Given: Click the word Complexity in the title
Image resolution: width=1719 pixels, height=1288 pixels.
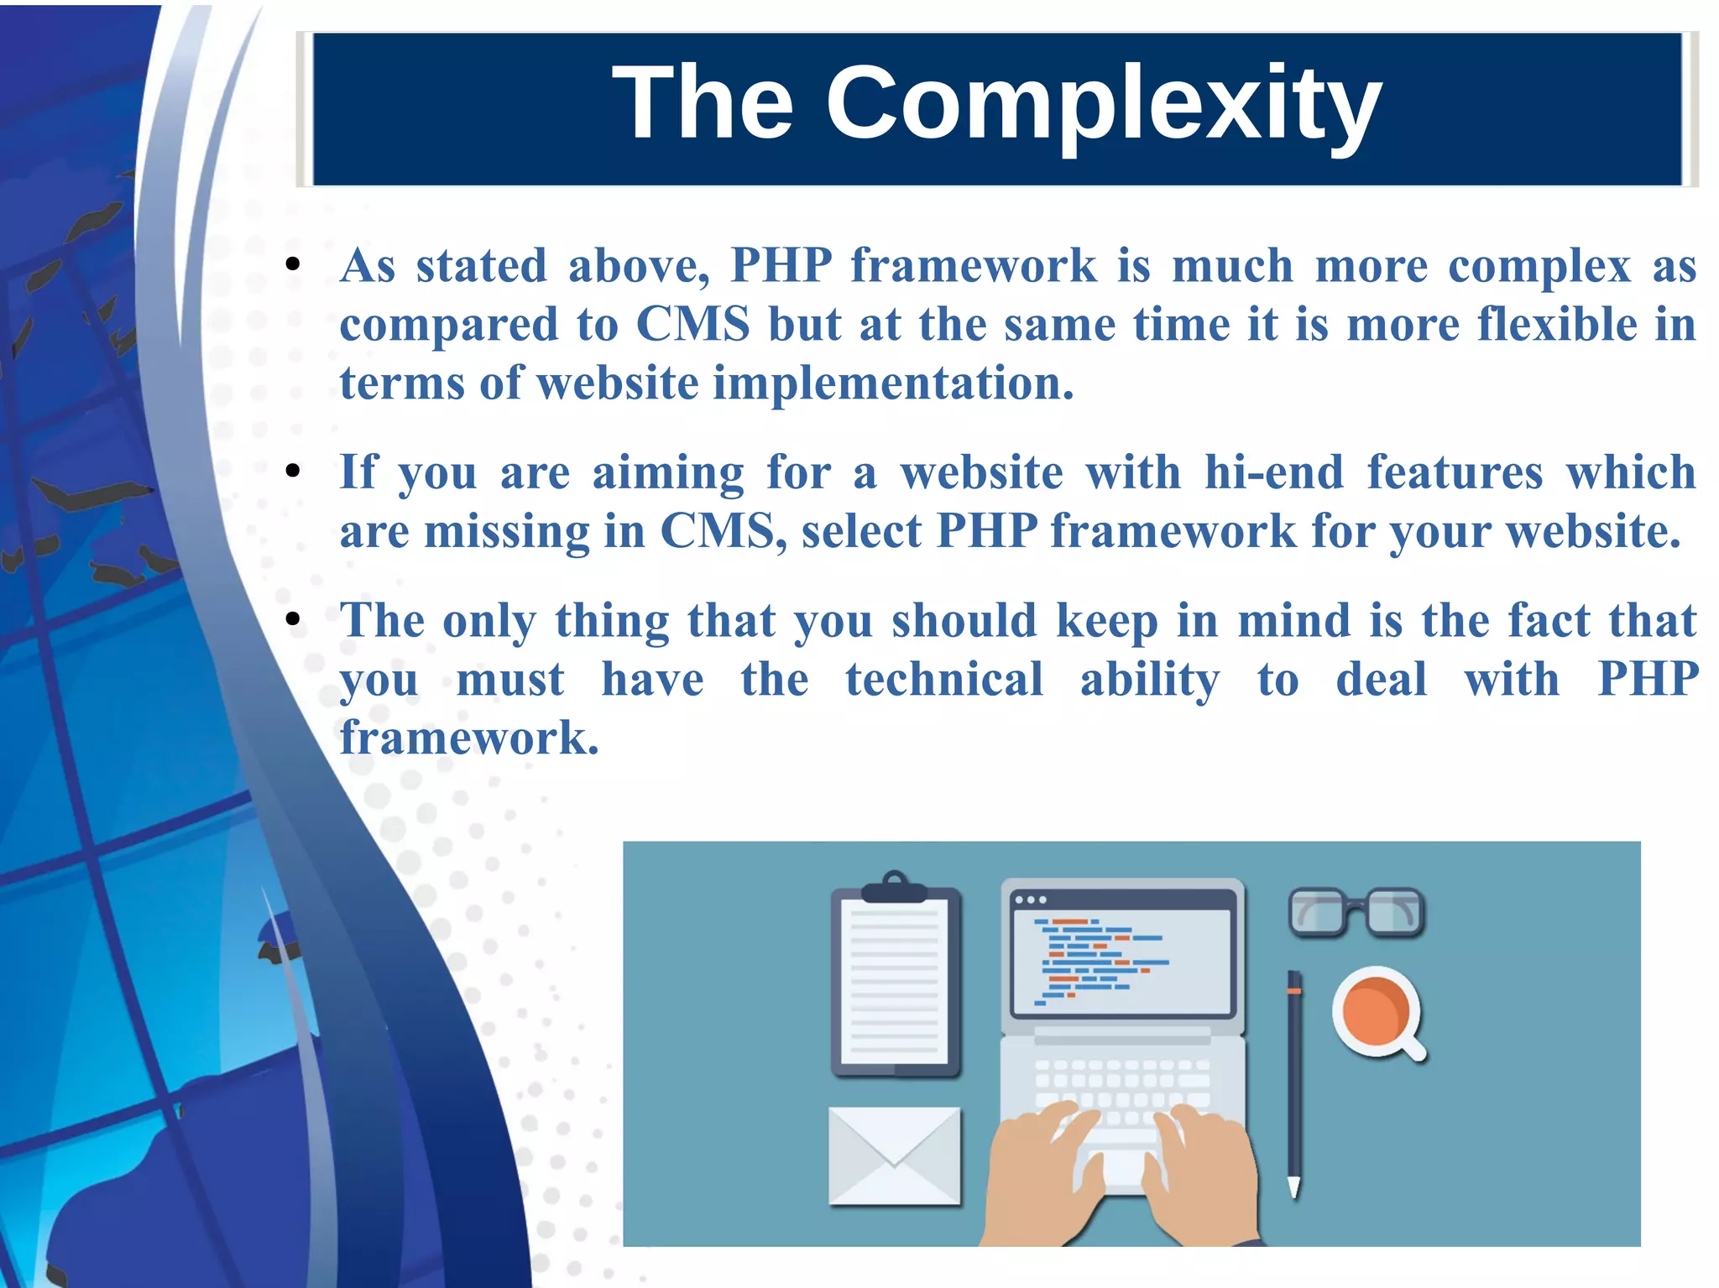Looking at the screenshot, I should pyautogui.click(x=1103, y=105).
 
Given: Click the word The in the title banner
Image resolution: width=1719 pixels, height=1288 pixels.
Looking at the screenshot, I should pyautogui.click(x=703, y=103).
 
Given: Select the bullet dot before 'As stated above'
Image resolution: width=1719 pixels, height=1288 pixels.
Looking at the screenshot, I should pyautogui.click(x=292, y=265).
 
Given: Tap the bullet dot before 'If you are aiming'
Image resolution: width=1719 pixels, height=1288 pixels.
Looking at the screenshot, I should pyautogui.click(x=292, y=472).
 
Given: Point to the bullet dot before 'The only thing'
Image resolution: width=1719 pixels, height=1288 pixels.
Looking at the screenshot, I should pyautogui.click(x=292, y=620).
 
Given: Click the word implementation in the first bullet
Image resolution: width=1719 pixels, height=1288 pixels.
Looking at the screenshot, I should pyautogui.click(x=893, y=383).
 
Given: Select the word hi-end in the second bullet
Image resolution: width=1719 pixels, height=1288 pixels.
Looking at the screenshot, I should pyautogui.click(x=1274, y=472).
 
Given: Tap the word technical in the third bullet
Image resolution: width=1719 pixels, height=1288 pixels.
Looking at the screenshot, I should pyautogui.click(x=944, y=679).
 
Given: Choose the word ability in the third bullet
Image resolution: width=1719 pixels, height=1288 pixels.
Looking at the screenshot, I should pyautogui.click(x=1149, y=679).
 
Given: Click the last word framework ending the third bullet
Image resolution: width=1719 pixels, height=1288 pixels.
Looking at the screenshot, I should pyautogui.click(x=468, y=738).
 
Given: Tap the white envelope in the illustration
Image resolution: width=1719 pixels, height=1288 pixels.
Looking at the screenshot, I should pyautogui.click(x=894, y=1155).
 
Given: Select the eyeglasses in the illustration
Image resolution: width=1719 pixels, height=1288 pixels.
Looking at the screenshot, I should pyautogui.click(x=1356, y=912).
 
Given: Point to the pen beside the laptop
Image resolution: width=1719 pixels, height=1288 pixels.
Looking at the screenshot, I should pyautogui.click(x=1294, y=1082).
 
